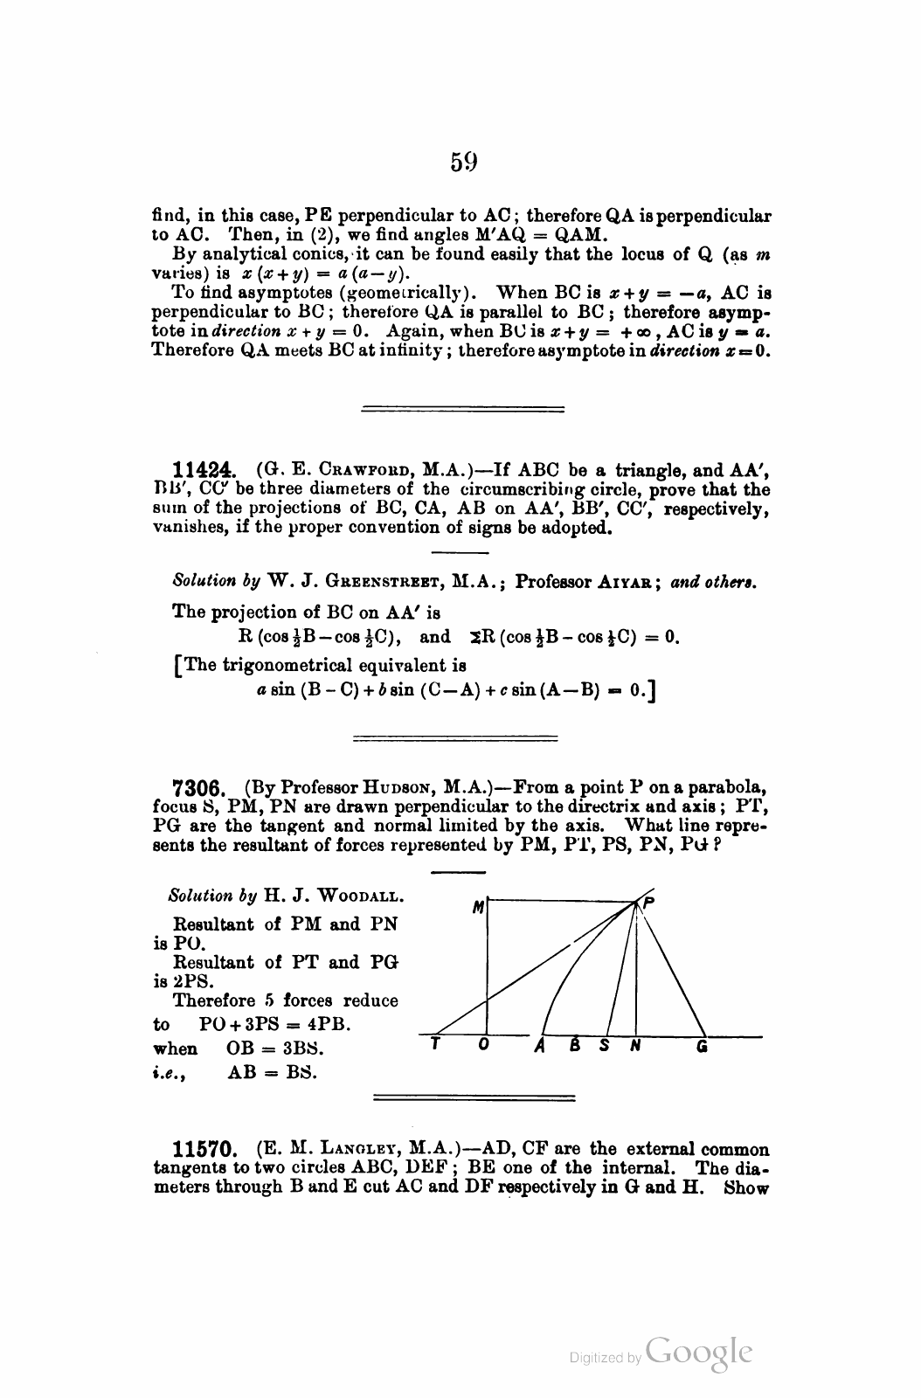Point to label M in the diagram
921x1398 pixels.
tap(477, 909)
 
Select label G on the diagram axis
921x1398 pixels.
tap(702, 1045)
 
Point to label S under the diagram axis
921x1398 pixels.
tap(604, 1045)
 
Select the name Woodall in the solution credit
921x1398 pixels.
tap(359, 896)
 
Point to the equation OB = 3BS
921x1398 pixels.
tap(274, 1048)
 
